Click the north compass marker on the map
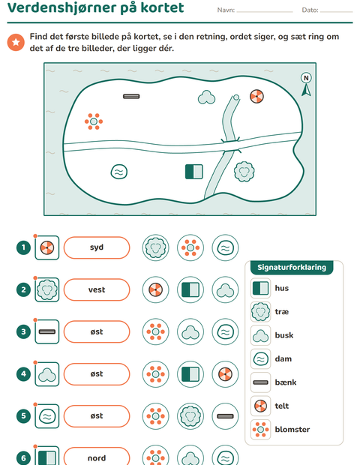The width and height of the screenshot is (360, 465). (x=306, y=84)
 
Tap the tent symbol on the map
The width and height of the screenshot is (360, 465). (x=256, y=97)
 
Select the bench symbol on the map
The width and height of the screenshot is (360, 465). (x=131, y=97)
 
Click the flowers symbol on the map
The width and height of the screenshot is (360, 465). (x=94, y=121)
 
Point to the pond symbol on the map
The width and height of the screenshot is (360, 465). (x=119, y=172)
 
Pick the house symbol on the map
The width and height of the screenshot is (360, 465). (x=194, y=172)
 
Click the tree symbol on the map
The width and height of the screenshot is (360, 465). (x=244, y=172)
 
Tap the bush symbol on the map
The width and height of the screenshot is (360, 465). (x=206, y=97)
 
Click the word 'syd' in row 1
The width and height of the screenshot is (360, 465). (x=97, y=247)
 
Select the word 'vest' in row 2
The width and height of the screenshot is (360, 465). (x=97, y=289)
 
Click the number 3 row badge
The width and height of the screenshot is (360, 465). (x=23, y=331)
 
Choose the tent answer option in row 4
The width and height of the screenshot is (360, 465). (x=225, y=374)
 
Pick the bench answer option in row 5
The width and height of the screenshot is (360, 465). (x=225, y=416)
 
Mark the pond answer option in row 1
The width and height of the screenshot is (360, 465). (x=225, y=247)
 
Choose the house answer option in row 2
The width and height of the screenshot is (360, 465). (x=190, y=289)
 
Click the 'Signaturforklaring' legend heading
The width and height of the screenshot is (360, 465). (x=292, y=267)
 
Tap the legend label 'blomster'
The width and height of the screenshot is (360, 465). (x=292, y=430)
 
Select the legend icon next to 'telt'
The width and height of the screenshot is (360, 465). (x=261, y=406)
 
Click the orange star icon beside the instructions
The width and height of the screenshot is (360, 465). (x=16, y=42)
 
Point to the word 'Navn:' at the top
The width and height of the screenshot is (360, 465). (x=226, y=10)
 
